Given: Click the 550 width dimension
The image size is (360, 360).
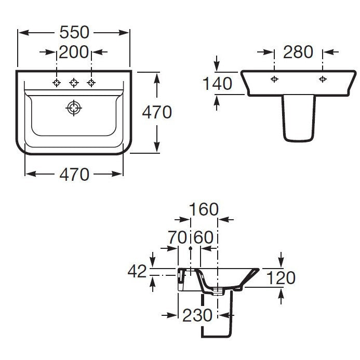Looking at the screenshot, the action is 74,32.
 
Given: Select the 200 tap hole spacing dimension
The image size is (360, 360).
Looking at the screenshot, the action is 74,52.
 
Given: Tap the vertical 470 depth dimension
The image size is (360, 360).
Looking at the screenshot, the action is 157,112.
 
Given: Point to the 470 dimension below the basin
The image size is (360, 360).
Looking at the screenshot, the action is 74,175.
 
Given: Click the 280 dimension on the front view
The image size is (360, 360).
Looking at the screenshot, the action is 298,52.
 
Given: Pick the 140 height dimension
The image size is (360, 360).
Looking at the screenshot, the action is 217,83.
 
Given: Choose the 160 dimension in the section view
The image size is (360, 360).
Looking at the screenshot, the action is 204,209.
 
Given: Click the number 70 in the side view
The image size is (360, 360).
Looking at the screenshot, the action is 178,237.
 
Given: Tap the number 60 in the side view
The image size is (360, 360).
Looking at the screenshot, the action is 204,237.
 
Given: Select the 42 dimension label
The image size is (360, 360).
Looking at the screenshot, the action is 137,271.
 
